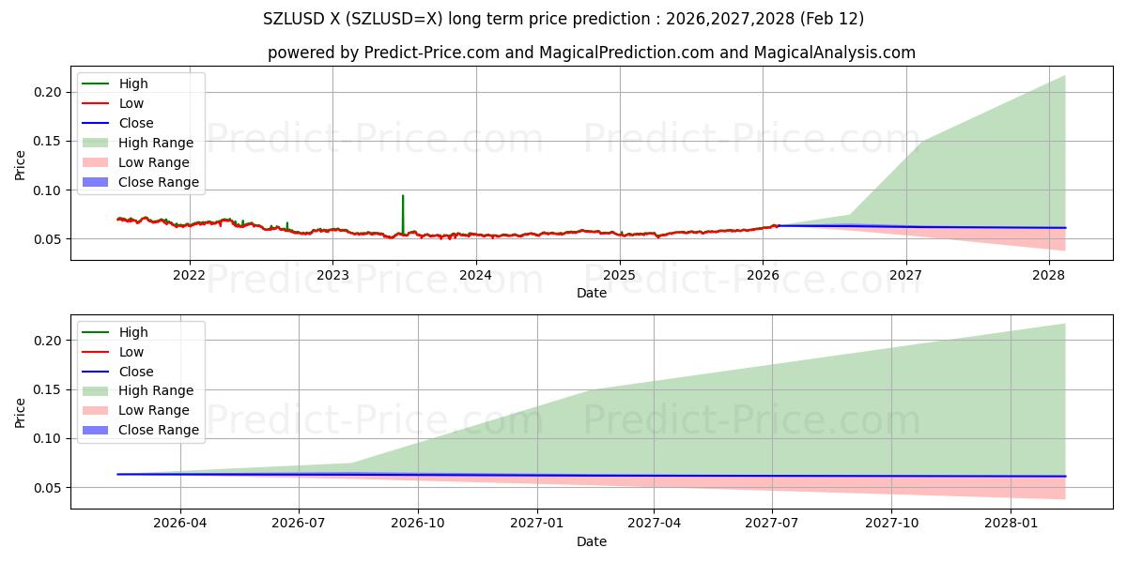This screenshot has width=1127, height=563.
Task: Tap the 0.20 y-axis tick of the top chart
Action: click(49, 92)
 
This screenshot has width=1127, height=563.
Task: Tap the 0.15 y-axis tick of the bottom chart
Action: click(49, 389)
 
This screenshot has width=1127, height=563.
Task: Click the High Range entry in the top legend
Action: click(156, 143)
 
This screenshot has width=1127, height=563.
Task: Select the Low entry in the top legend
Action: click(131, 103)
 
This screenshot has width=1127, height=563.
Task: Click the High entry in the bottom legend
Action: click(133, 332)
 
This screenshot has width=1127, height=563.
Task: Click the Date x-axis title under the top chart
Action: click(592, 293)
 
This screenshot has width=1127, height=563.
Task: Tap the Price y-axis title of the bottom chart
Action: click(21, 413)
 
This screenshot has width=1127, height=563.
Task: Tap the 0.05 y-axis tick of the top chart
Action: click(49, 239)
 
